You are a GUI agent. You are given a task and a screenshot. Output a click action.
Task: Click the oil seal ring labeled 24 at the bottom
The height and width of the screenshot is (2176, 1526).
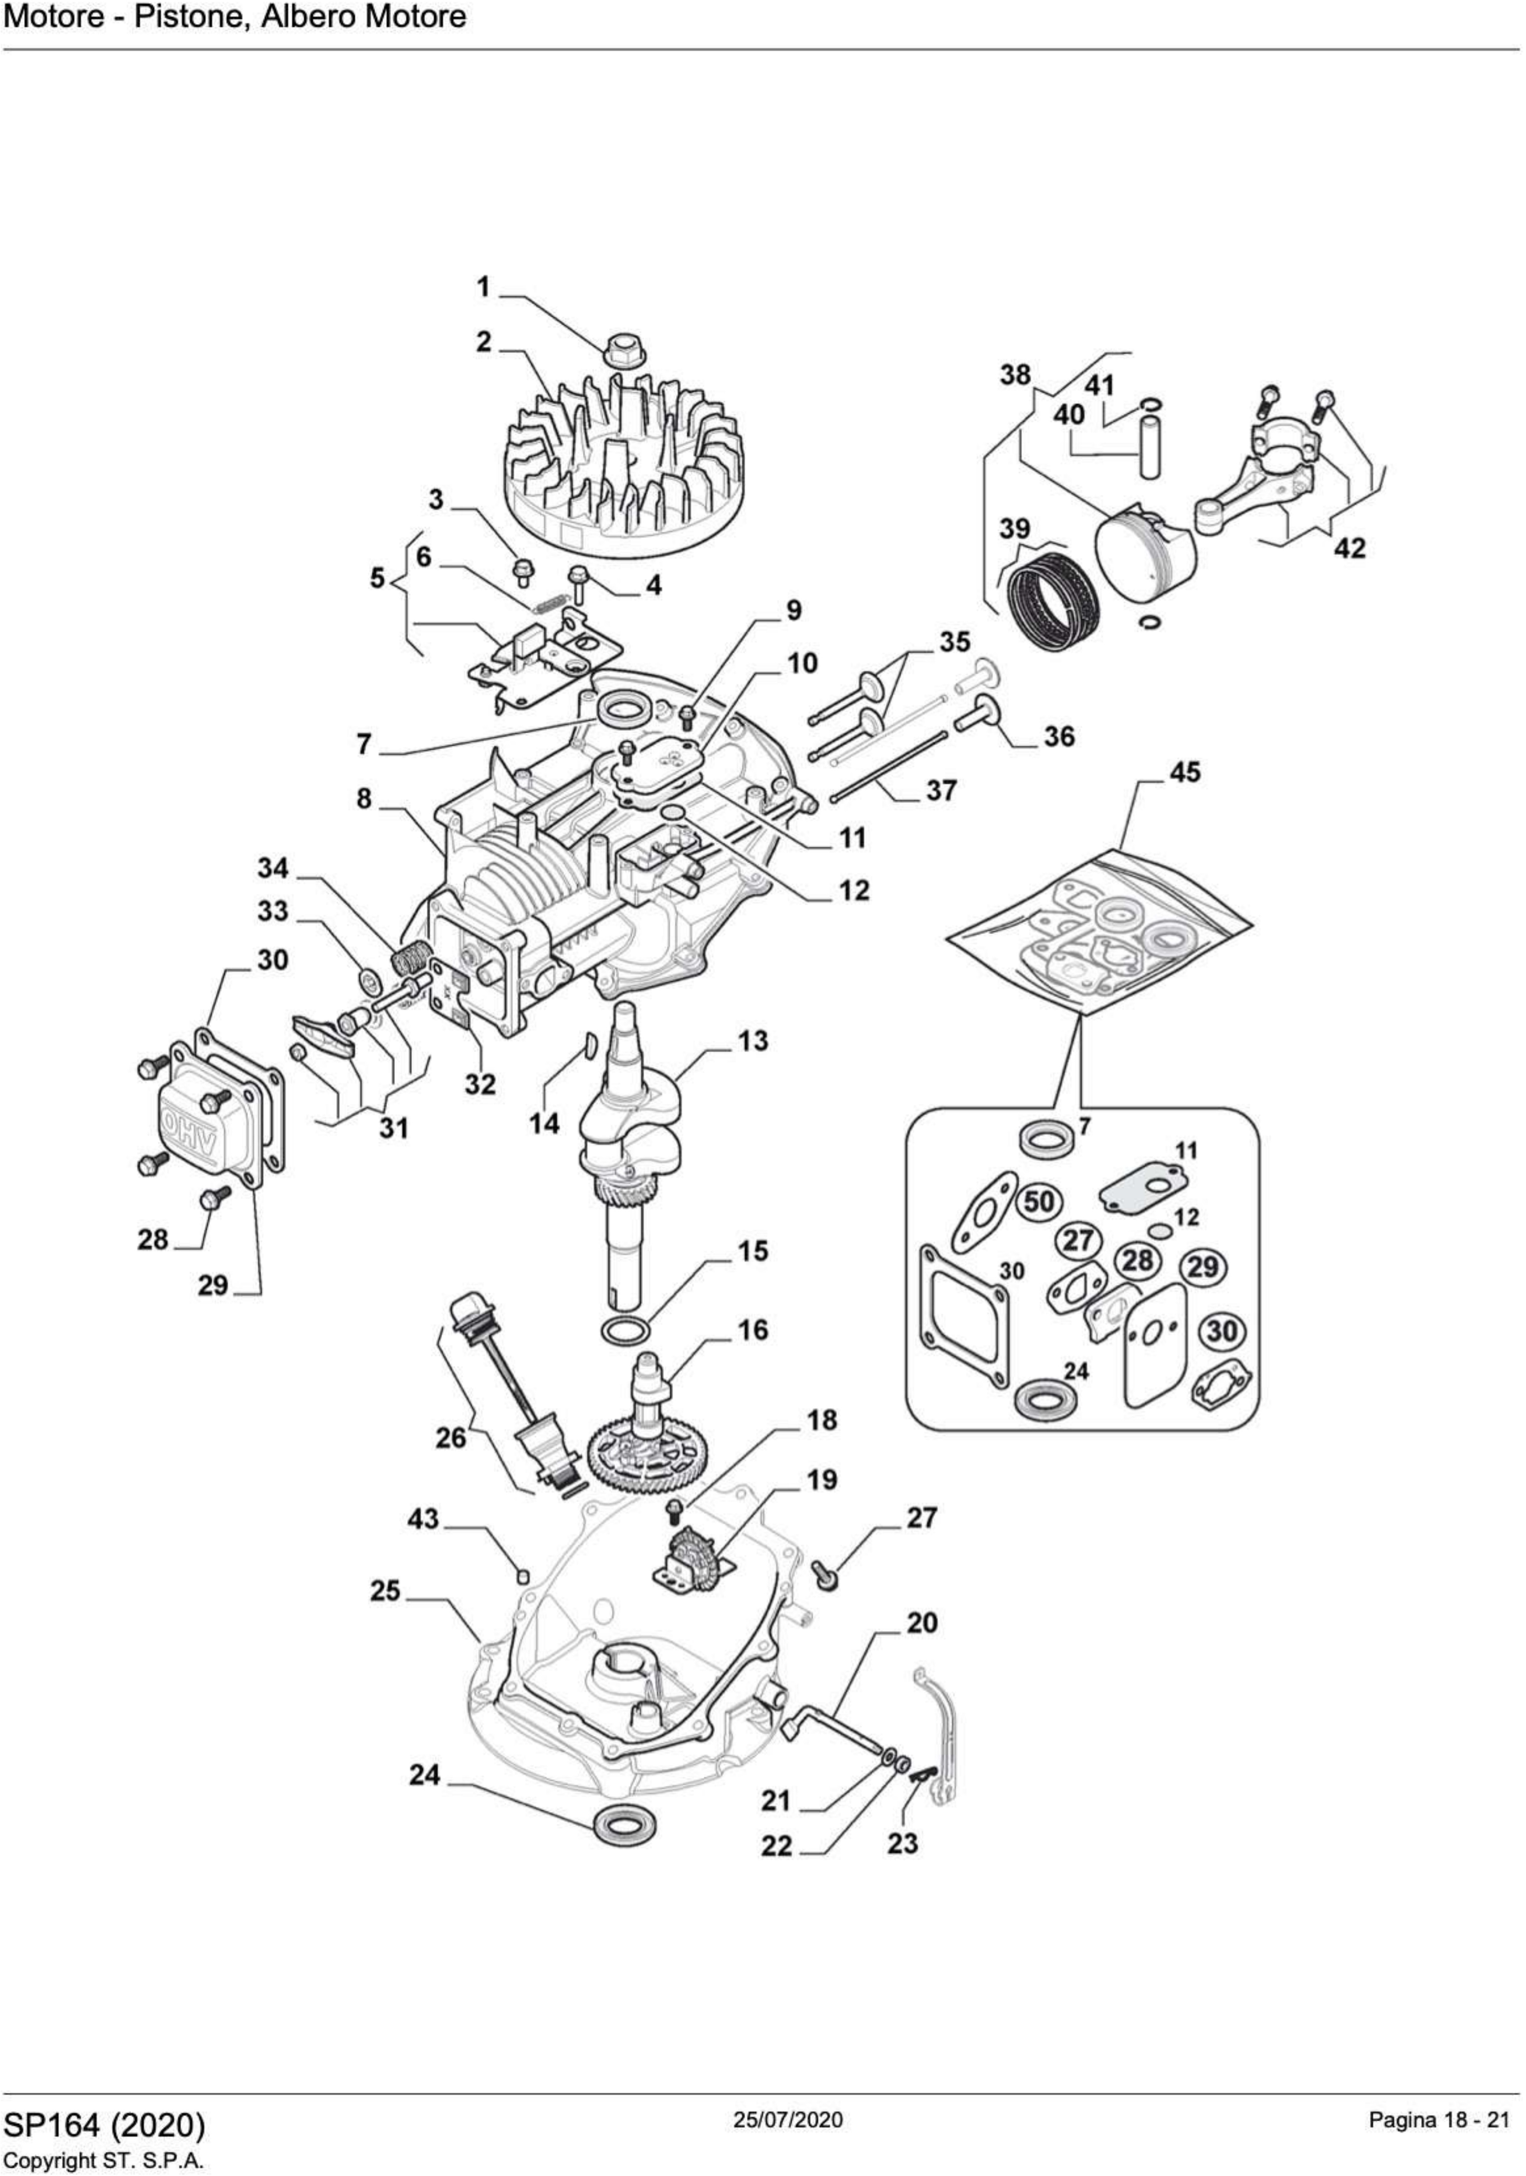click(623, 1825)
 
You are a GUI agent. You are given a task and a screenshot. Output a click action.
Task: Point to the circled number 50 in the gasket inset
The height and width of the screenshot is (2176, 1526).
click(1039, 1202)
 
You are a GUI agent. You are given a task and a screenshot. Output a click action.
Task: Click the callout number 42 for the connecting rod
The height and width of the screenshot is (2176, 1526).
click(1350, 548)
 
